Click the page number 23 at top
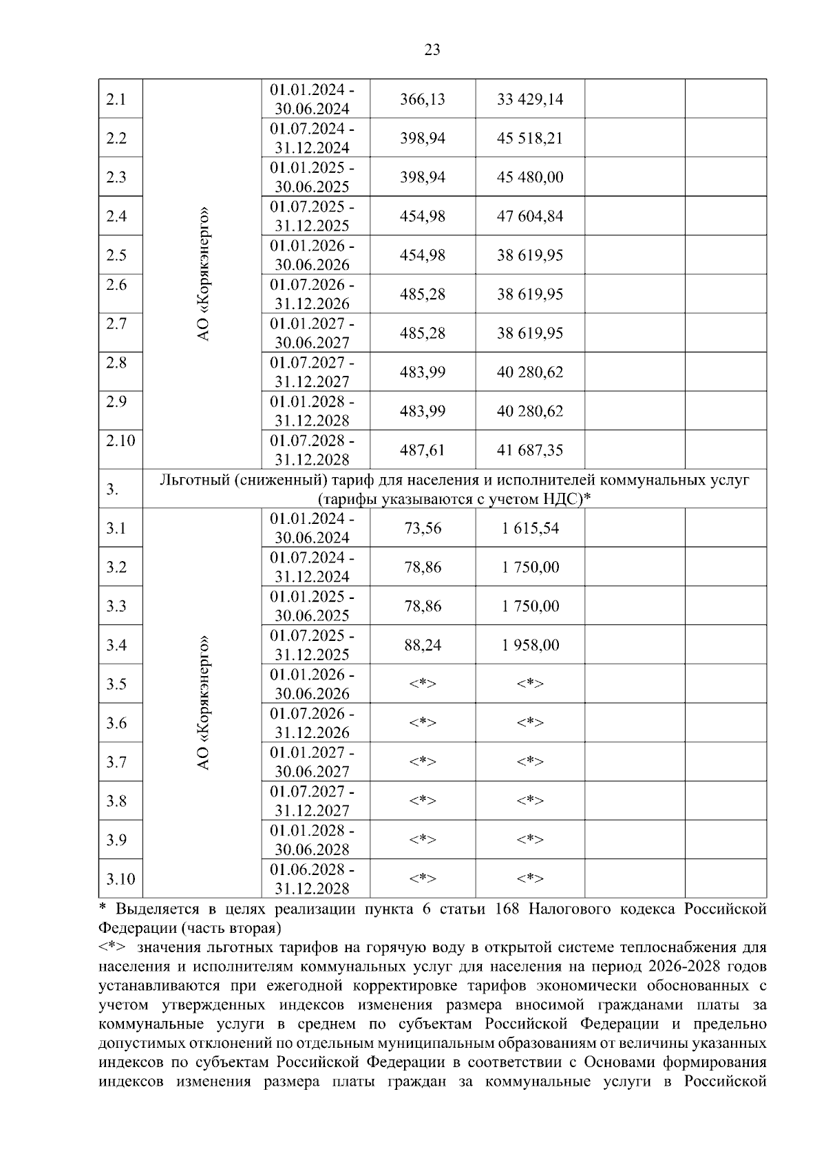(x=432, y=50)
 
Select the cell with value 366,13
(x=422, y=99)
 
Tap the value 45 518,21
(x=529, y=138)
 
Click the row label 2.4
(x=116, y=216)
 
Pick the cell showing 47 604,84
(x=529, y=216)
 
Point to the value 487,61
(x=422, y=450)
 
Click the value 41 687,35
(x=529, y=450)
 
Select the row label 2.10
(x=120, y=441)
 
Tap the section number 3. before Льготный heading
(x=112, y=489)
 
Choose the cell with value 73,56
(x=422, y=528)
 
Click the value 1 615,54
(x=529, y=528)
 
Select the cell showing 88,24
(x=422, y=645)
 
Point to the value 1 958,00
(x=529, y=645)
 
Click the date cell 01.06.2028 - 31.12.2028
(x=312, y=878)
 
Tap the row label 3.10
(x=120, y=879)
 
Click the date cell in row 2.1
(x=312, y=99)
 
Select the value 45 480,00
(x=529, y=178)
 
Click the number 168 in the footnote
(x=506, y=909)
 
